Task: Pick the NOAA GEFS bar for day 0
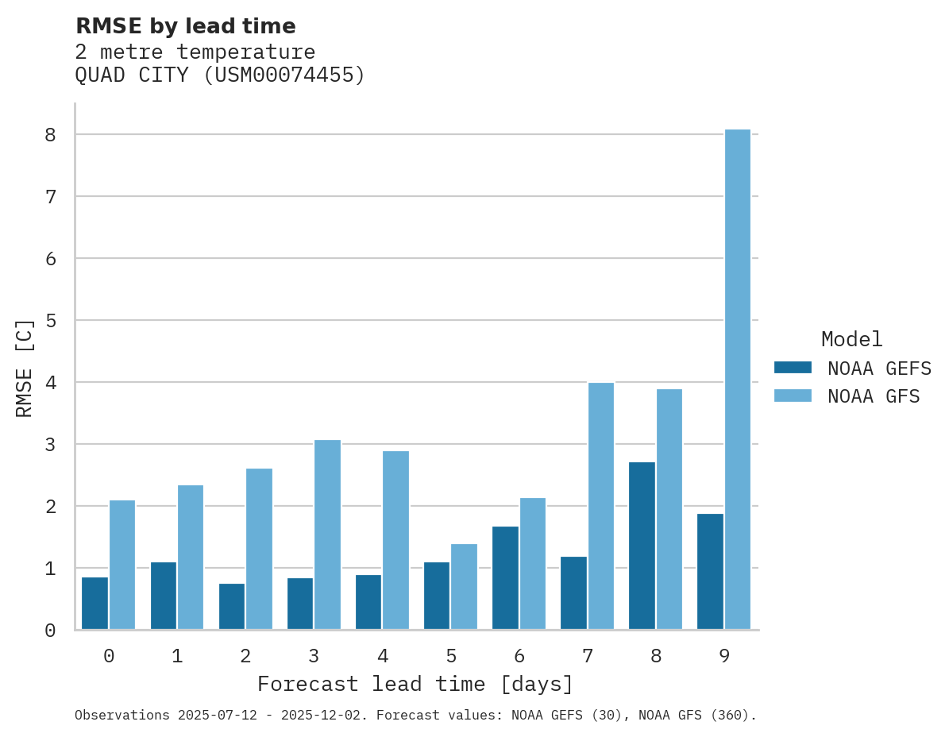pyautogui.click(x=95, y=604)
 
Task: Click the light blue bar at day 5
pyautogui.click(x=464, y=587)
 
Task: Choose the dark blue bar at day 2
pyautogui.click(x=232, y=607)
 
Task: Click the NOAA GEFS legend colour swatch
pyautogui.click(x=793, y=368)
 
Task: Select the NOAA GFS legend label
pyautogui.click(x=873, y=396)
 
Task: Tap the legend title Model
pyautogui.click(x=851, y=340)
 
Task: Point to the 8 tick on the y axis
pyautogui.click(x=50, y=135)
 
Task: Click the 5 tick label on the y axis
pyautogui.click(x=50, y=321)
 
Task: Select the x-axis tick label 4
pyautogui.click(x=382, y=656)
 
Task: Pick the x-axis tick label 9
pyautogui.click(x=723, y=656)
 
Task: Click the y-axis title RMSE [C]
pyautogui.click(x=25, y=368)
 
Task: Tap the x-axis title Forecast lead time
pyautogui.click(x=415, y=685)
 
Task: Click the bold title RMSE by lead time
pyautogui.click(x=185, y=26)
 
